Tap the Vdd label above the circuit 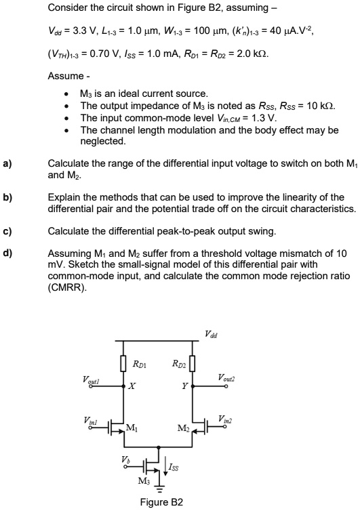click(x=211, y=333)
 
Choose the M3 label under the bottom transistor click(x=143, y=483)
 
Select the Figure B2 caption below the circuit click(x=160, y=502)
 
